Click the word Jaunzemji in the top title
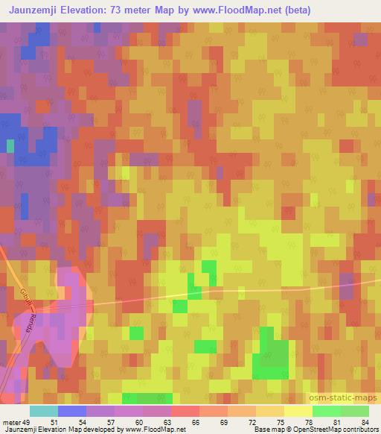point(33,10)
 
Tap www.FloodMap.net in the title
point(229,10)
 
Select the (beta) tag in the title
point(295,10)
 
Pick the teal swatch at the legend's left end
point(44,411)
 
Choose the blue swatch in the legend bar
point(72,411)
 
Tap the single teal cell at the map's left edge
point(10,145)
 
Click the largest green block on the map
point(271,357)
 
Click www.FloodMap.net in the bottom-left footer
point(154,430)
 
